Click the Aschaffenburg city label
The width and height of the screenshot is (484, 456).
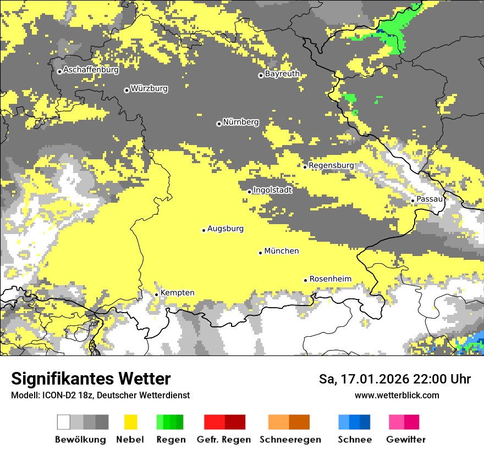coord(91,70)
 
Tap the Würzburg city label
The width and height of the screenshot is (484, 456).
coord(149,88)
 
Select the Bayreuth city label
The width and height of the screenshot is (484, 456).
coord(282,74)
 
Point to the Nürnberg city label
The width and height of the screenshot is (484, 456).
coord(241,122)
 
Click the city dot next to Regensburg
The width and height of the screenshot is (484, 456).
coord(305,166)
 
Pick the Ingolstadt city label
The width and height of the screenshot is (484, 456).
coord(273,190)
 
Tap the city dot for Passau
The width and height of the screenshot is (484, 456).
coord(413,201)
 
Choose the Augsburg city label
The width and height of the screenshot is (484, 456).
coord(226,229)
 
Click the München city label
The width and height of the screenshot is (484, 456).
coord(282,251)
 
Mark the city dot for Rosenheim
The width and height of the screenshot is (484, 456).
coord(306,280)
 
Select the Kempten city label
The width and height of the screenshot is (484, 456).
coord(178,293)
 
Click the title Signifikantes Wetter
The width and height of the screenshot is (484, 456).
coord(91,379)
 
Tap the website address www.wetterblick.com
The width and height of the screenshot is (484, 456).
coord(397,395)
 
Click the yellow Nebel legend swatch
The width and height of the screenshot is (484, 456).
coord(130,422)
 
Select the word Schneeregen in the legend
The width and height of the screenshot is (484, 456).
coord(289,440)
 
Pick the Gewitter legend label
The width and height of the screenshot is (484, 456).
coord(406,440)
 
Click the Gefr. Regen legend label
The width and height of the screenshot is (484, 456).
coord(224,440)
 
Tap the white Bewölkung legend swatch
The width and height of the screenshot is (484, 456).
coord(64,422)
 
